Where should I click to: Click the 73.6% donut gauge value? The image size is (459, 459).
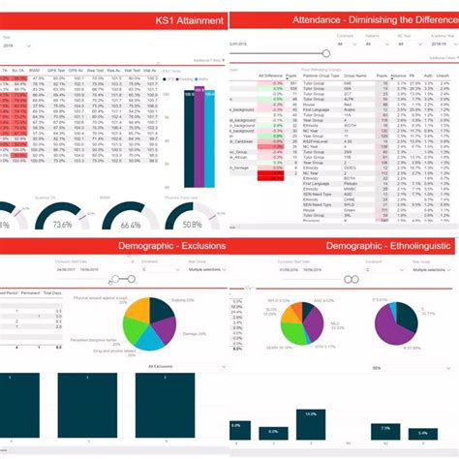point(62,224)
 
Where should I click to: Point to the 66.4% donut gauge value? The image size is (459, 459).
point(131,225)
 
